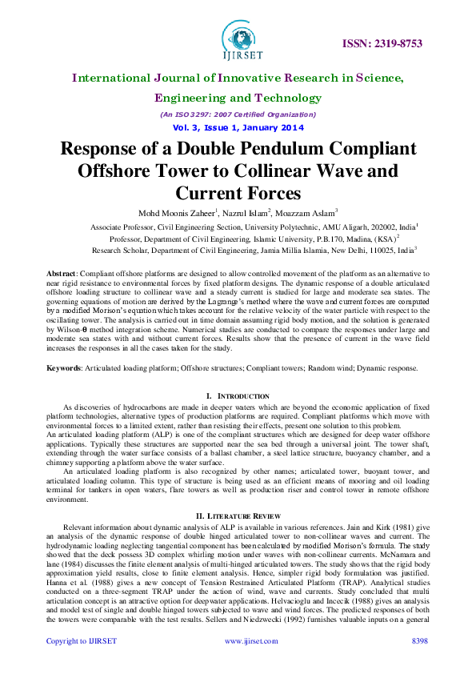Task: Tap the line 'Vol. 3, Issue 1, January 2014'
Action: point(238,127)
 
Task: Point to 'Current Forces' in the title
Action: point(238,193)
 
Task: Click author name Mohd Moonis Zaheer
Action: point(178,212)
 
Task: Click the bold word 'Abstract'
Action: point(63,274)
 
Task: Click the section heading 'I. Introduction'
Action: point(238,396)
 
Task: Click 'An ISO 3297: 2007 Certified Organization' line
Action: point(238,114)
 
